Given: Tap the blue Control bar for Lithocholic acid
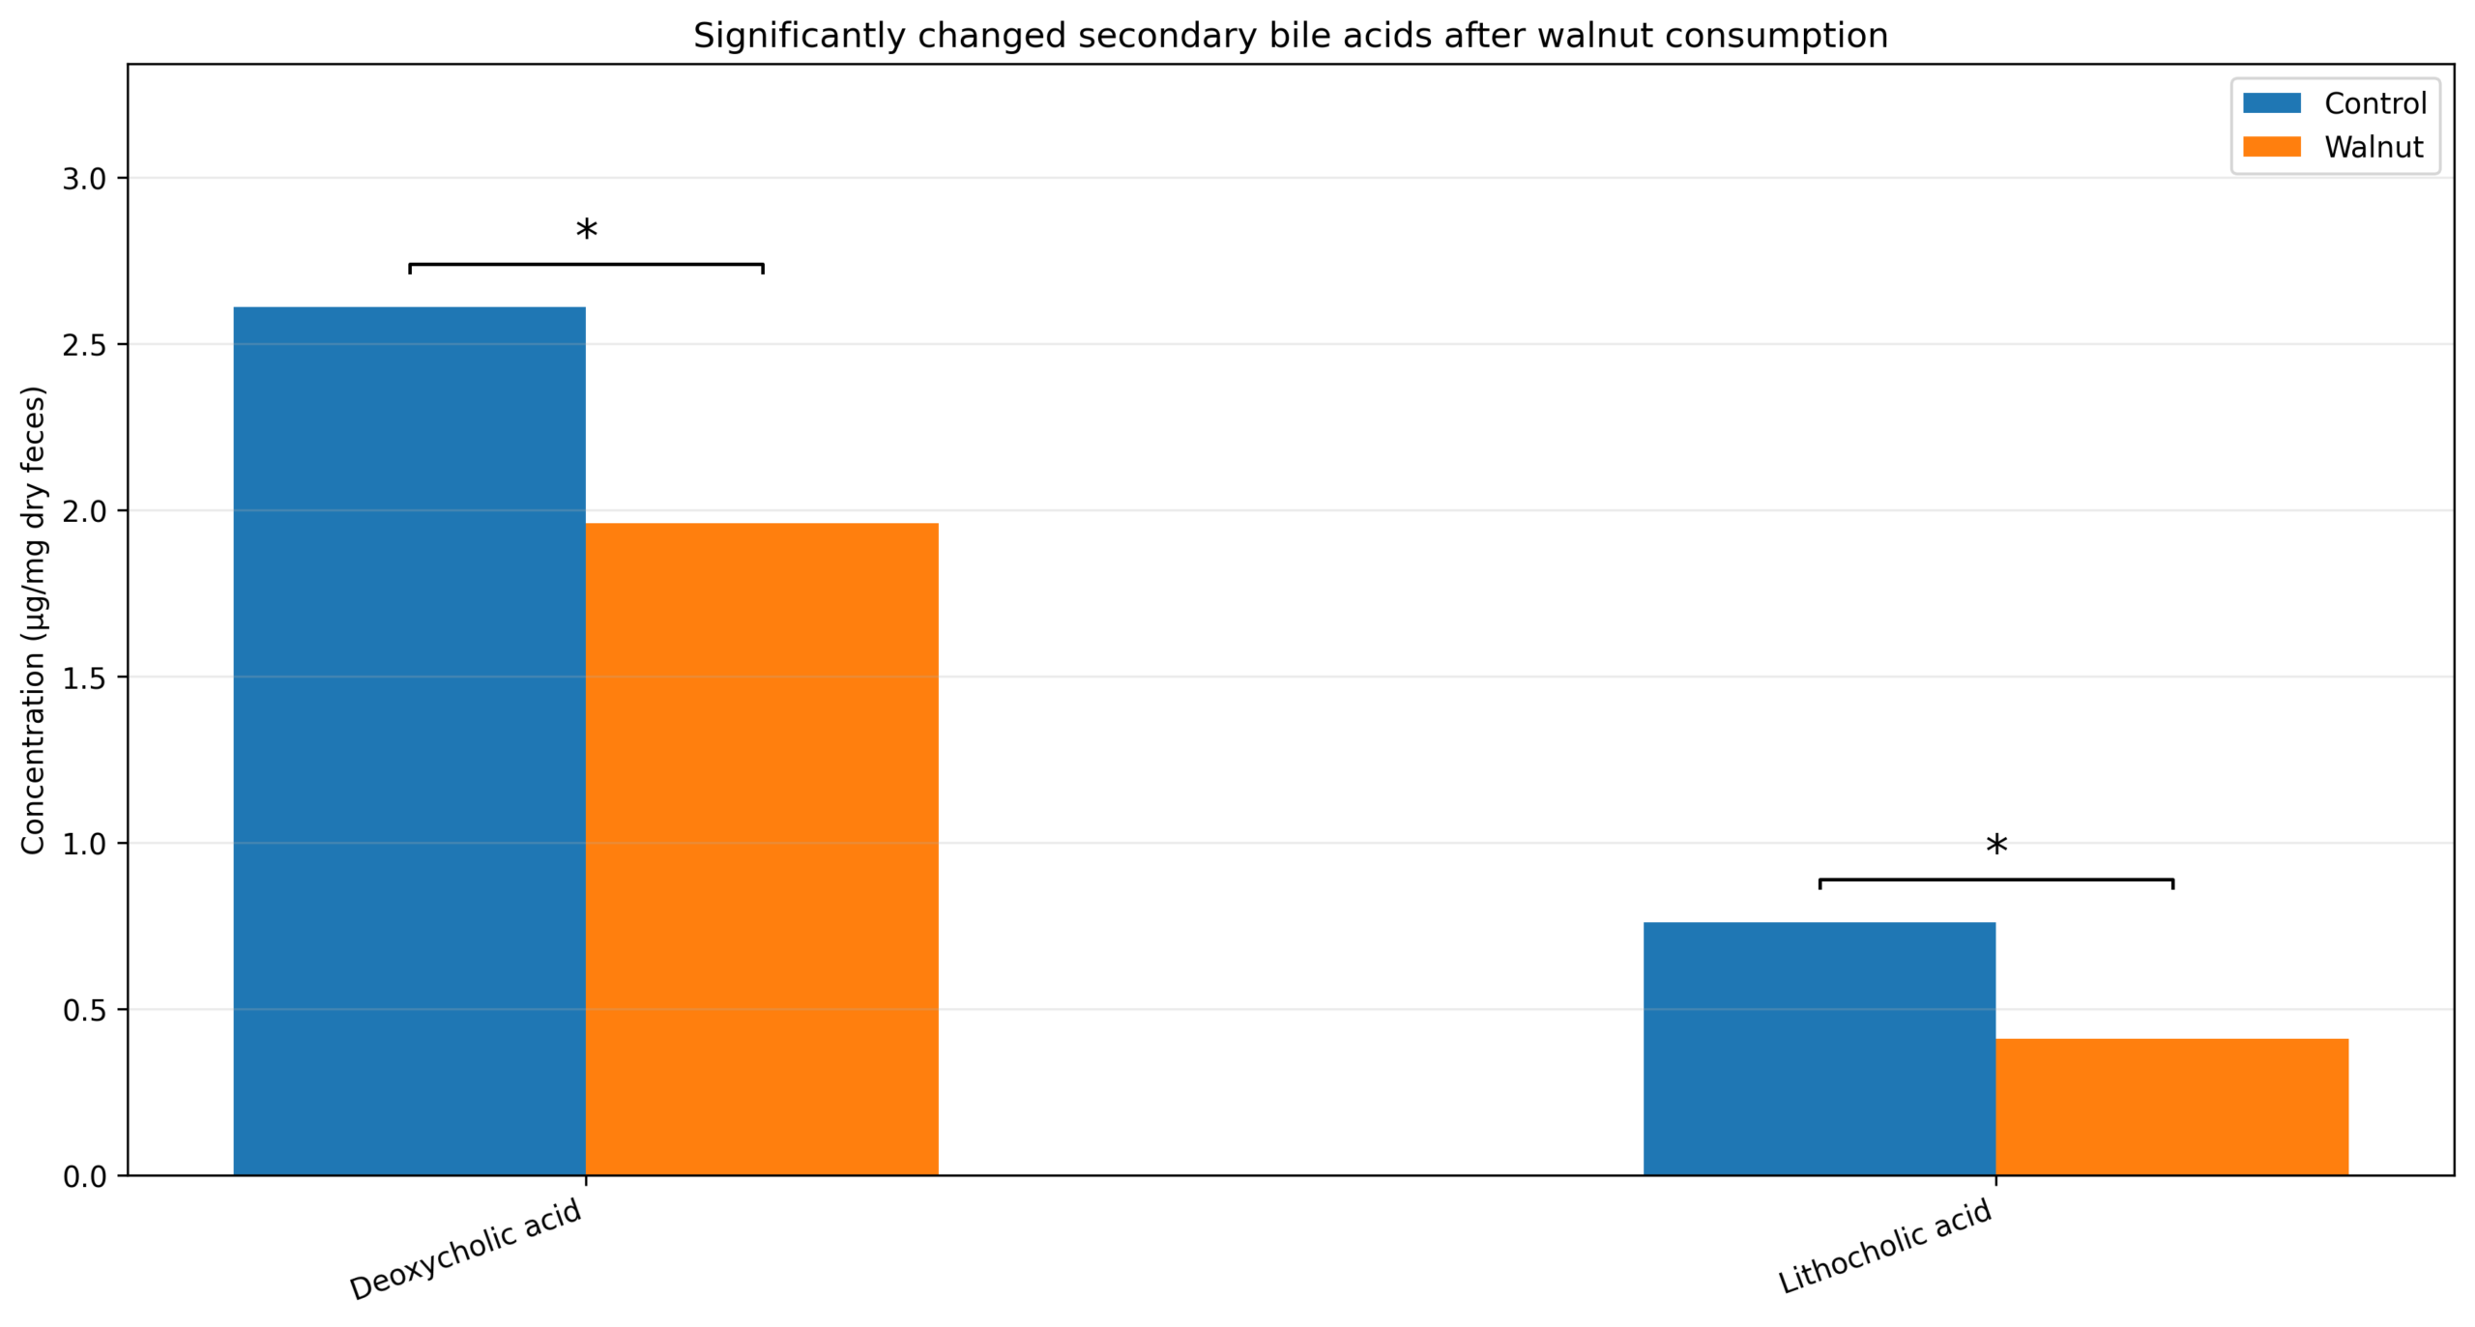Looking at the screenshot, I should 1819,1048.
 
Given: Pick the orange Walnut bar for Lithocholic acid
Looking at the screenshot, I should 2171,1106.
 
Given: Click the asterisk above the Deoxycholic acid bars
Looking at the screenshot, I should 586,232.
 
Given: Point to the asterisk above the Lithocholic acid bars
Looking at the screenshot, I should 1995,848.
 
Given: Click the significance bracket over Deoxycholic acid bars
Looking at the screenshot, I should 586,264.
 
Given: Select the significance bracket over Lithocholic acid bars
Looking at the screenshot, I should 1995,880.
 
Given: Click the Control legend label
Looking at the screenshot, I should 2374,103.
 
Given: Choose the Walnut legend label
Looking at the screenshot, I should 2373,147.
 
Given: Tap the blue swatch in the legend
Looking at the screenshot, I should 2271,103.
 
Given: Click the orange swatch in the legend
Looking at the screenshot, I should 2271,147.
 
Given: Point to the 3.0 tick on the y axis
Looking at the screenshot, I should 84,179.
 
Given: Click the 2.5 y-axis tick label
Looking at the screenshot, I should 84,345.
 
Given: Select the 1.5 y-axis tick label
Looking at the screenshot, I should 84,678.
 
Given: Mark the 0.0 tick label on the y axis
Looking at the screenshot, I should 84,1176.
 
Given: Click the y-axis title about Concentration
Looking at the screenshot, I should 33,620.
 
